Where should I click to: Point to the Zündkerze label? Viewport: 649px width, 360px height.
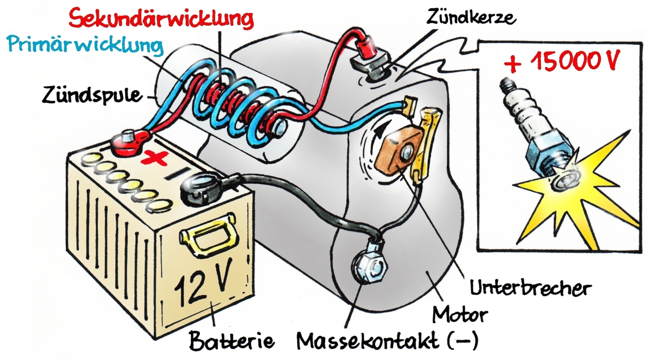coord(471,17)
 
